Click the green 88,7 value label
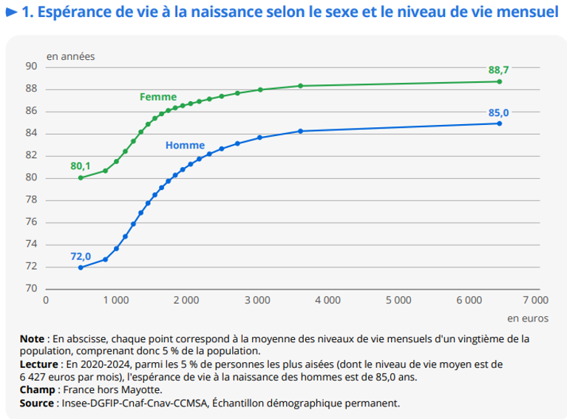[498, 69]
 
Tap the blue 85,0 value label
[498, 112]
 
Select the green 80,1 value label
[81, 166]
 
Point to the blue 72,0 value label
[81, 256]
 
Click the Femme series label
[158, 97]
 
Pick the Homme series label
[185, 146]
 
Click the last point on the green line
[500, 81]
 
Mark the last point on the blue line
[500, 123]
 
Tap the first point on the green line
[81, 177]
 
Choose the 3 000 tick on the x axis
[257, 300]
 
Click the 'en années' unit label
[71, 55]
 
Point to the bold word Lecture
[40, 364]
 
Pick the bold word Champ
[37, 389]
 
